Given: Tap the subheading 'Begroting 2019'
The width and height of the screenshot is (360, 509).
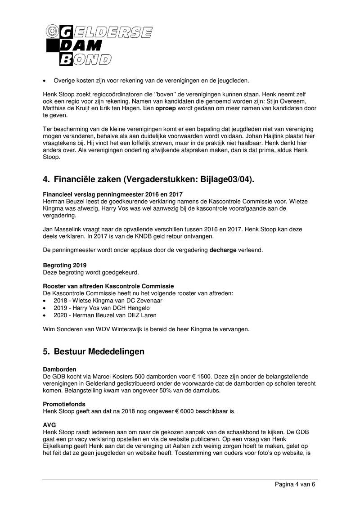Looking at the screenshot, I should click(65, 266).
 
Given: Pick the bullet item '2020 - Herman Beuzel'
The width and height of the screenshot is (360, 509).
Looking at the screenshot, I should click(105, 315).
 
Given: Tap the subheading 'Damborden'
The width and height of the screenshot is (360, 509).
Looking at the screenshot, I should click(59, 369).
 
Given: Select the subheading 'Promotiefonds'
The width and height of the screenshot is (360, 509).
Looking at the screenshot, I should click(64, 404).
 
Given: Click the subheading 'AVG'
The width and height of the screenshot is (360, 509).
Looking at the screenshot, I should click(49, 424).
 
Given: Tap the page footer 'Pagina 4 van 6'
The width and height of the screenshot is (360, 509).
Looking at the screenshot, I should click(296, 484).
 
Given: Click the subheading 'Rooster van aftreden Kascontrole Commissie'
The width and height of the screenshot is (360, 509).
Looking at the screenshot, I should click(108, 286).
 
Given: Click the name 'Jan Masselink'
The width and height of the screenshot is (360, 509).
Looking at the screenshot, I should click(63, 230).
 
